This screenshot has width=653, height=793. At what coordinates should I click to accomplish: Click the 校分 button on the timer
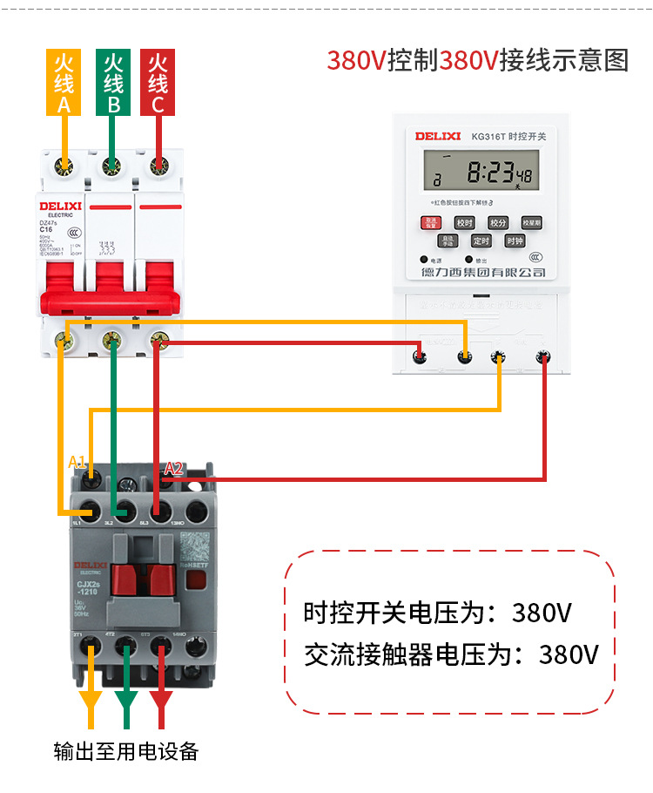coord(497,222)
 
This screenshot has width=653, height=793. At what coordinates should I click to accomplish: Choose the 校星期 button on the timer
coord(531,222)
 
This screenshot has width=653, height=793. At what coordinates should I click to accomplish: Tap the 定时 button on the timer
coord(481,241)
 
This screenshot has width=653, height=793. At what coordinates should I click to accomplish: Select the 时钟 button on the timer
coord(515,241)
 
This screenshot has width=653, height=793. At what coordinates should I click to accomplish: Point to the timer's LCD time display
coord(481,171)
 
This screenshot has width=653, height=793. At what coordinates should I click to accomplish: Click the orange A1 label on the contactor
coord(77,461)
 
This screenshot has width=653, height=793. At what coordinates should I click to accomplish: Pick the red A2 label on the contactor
coord(173,468)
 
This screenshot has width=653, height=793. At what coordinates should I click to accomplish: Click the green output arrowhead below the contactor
coord(127,701)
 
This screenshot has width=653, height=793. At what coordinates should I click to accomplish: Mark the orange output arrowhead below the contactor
coord(91,701)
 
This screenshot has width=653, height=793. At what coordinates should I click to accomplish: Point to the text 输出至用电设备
coord(126,750)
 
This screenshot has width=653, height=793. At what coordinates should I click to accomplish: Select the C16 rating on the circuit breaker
coord(47,229)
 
